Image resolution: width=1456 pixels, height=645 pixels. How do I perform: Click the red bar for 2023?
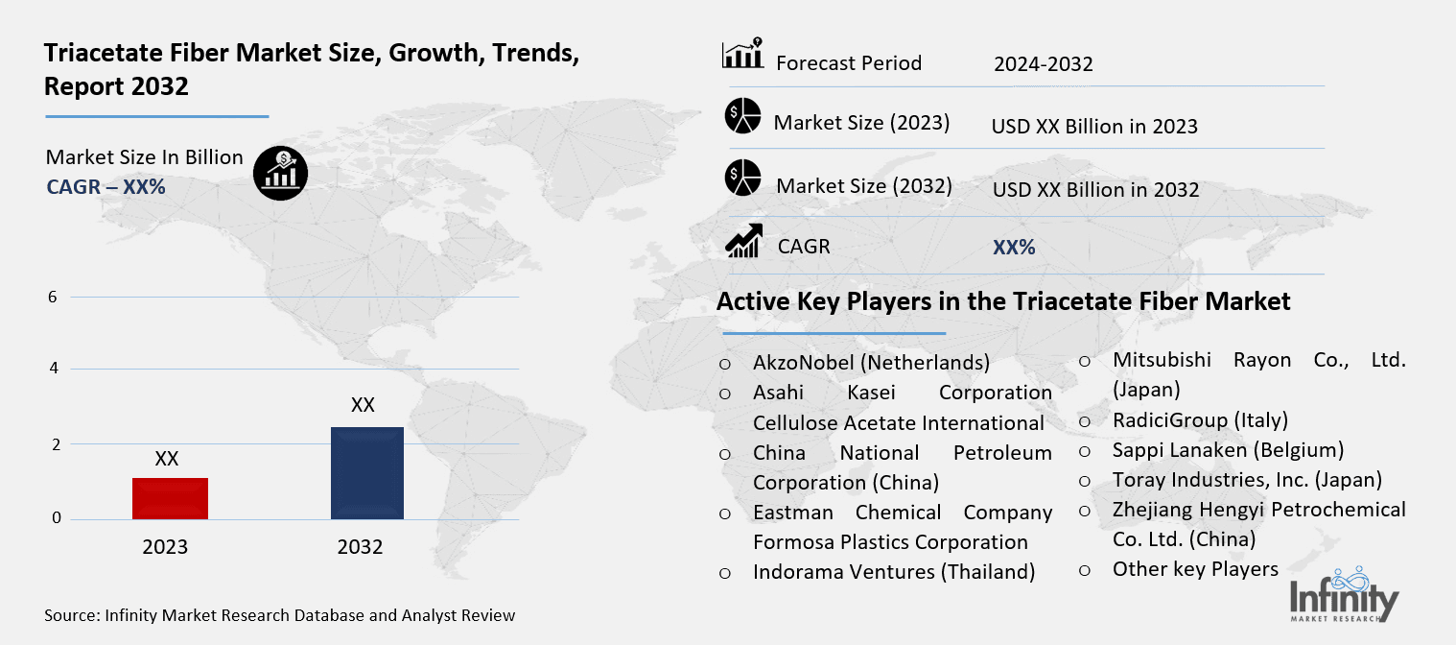coord(171,498)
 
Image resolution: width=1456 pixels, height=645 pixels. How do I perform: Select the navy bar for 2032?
coord(366,473)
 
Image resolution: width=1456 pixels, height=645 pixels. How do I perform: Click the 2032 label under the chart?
coord(360,547)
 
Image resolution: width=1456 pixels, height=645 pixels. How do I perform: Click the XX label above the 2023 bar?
coord(167,460)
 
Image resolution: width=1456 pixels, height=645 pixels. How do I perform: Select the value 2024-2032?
coord(1043,64)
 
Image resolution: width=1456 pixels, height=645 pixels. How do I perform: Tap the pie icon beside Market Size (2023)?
coord(742,116)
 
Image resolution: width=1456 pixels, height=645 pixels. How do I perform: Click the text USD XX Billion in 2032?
coord(1095,190)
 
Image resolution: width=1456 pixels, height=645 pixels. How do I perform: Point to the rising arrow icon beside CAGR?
coord(743,241)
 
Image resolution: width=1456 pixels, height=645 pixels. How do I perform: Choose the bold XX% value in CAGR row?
coord(1014,248)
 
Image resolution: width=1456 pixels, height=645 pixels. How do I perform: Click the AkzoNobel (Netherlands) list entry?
coord(871,363)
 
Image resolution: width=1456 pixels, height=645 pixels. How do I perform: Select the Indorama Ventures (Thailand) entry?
coord(893,572)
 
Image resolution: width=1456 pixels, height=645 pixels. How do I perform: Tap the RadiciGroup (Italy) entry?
coord(1199,420)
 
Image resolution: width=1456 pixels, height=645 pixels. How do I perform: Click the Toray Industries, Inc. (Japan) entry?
coord(1247,480)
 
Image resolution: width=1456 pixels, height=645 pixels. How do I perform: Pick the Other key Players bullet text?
coord(1195,569)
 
